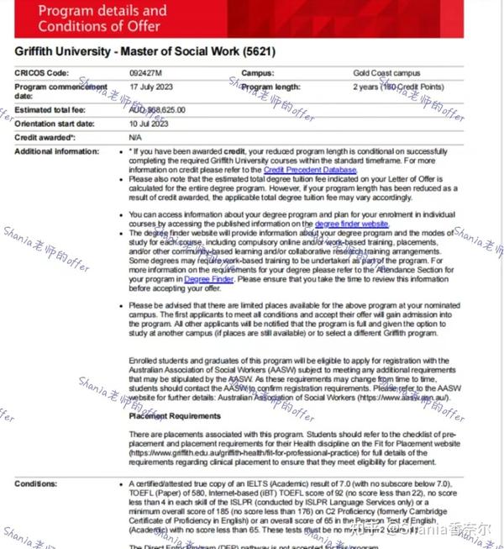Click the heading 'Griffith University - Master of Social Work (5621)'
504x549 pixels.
click(x=144, y=52)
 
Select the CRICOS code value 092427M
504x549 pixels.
click(x=145, y=73)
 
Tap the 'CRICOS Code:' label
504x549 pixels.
click(x=42, y=73)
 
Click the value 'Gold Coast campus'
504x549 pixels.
click(x=387, y=73)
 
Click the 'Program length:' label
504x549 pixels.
click(x=270, y=87)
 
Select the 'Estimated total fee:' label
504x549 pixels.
click(x=55, y=110)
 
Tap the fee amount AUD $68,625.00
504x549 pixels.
click(x=157, y=110)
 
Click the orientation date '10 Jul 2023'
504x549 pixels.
click(x=149, y=124)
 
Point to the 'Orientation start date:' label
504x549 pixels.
click(x=60, y=124)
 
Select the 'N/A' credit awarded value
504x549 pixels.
click(x=135, y=137)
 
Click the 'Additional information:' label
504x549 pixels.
click(x=56, y=151)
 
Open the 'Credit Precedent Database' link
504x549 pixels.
click(x=310, y=170)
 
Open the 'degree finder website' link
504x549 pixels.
click(x=351, y=224)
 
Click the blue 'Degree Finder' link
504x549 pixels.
click(x=208, y=278)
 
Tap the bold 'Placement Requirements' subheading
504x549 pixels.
click(x=175, y=416)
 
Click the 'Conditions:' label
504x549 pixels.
click(x=36, y=484)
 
